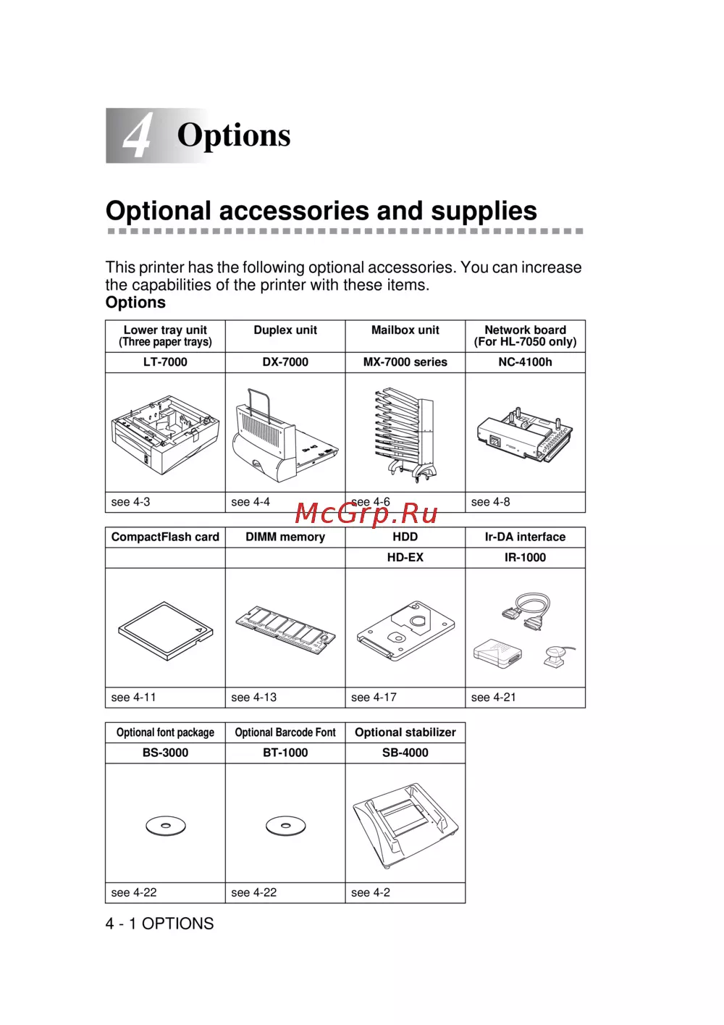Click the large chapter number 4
pos(138,136)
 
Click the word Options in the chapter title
pos(234,135)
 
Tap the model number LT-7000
pos(165,362)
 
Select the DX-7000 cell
pos(285,362)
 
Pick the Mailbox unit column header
pos(405,330)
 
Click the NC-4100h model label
pos(525,362)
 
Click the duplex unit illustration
pos(285,435)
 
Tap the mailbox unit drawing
pos(405,435)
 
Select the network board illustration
pos(525,432)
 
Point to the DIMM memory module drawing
pos(285,629)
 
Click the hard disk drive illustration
pos(405,630)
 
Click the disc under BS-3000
pos(166,826)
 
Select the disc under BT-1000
pos(285,826)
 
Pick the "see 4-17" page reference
pos(374,697)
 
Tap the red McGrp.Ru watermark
pos(366,514)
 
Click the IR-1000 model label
pos(525,557)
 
